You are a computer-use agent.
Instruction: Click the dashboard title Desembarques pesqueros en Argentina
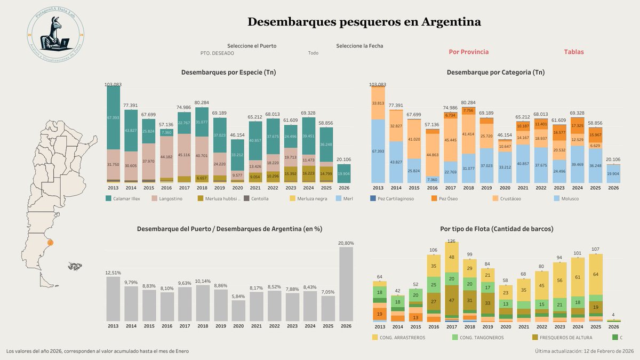pos(364,22)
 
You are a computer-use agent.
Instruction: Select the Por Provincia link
pos(468,52)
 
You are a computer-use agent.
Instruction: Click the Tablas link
pos(573,52)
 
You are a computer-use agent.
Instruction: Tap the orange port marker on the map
pos(50,243)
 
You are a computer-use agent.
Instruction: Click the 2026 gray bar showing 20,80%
pos(346,284)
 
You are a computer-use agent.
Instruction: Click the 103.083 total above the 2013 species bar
pos(113,84)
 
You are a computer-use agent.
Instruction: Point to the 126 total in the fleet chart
pos(451,241)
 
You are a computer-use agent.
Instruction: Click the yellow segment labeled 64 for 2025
pos(596,274)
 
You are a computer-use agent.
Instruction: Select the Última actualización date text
pos(583,351)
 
